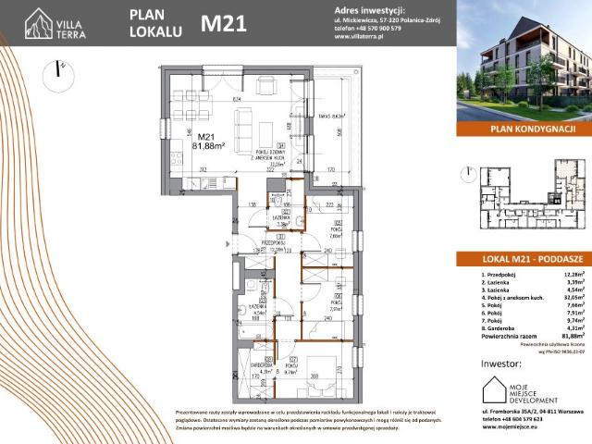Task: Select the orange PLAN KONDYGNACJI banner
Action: [524, 129]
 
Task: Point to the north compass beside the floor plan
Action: [61, 72]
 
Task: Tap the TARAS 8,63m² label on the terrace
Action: [318, 117]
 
